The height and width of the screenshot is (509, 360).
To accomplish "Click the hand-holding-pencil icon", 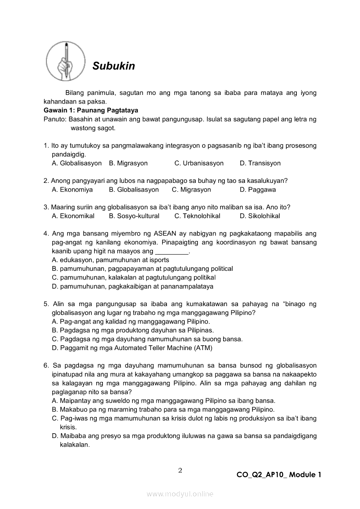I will pos(65,60).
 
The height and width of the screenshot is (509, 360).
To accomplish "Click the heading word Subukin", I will pos(114,66).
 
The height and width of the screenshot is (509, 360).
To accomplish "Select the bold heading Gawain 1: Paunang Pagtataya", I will pos(91,110).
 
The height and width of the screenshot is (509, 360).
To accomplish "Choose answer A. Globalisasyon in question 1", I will pos(76,163).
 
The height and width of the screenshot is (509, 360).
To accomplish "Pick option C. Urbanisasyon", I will pos(199,163).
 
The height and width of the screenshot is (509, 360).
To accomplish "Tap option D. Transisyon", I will pos(260,163).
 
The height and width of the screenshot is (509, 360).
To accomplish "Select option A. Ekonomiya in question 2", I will pos(72,190).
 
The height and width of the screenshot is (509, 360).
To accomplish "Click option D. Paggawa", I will pos(258,190).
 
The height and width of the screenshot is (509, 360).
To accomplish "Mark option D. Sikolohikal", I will pos(260,216).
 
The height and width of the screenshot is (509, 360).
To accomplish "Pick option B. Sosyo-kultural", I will pos(134,216).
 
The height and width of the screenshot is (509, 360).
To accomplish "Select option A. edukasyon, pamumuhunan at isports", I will pos(110,260).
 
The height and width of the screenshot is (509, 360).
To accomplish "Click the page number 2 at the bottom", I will pos(180,470).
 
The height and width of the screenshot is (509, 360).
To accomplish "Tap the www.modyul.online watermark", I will pos(180,494).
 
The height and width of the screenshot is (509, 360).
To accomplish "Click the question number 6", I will pos(45,366).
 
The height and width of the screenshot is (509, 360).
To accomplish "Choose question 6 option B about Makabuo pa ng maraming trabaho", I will pos(163,410).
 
